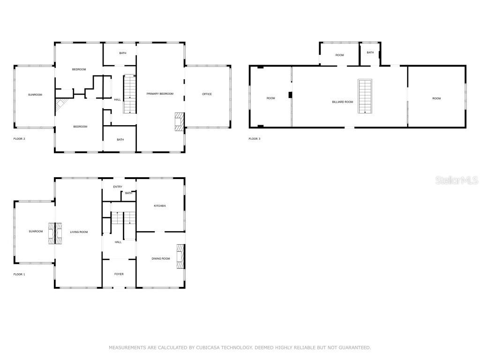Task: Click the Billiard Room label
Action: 343,102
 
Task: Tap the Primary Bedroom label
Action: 160,94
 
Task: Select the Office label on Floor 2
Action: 207,94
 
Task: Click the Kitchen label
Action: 160,206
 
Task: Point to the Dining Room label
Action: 161,259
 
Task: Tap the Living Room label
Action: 79,232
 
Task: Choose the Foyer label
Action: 119,274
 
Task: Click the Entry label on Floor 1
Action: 118,187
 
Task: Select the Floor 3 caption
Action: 255,139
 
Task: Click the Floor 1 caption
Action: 19,274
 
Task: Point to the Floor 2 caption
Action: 19,139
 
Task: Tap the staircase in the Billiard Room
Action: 365,96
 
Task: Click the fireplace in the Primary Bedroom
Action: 180,121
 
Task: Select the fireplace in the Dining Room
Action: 181,256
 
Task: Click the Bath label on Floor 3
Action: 370,52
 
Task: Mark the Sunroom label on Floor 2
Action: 35,95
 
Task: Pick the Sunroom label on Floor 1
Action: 36,232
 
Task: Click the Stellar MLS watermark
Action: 457,180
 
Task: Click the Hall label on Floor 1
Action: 118,242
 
